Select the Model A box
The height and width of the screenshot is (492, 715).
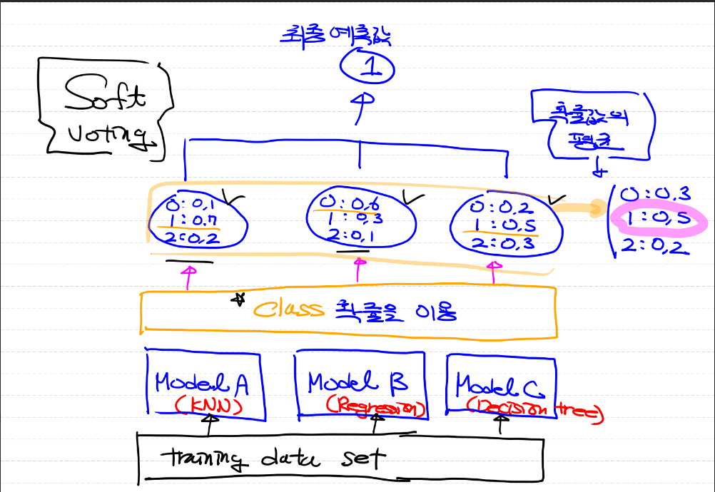click(204, 384)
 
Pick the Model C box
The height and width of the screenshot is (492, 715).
click(500, 386)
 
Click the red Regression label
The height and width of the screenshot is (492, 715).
click(375, 408)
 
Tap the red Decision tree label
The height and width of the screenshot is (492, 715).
click(534, 409)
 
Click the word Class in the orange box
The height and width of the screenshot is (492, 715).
click(290, 309)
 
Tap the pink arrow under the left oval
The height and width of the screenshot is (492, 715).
click(189, 276)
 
